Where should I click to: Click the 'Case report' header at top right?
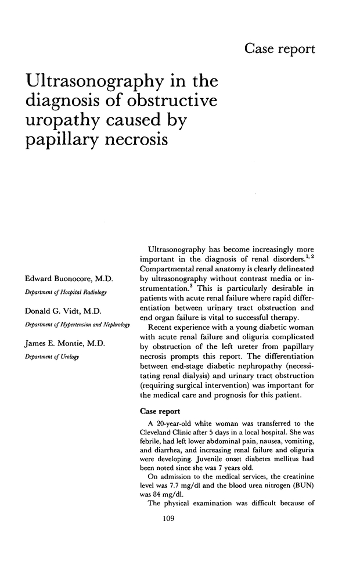(x=280, y=49)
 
